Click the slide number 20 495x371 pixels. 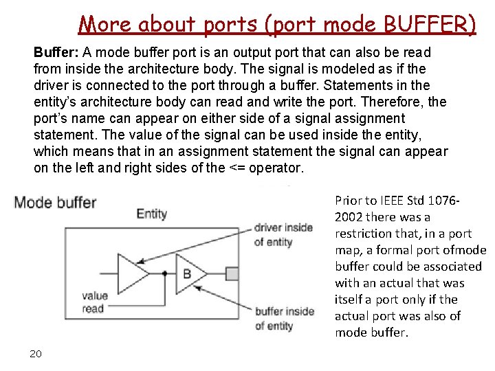(x=36, y=354)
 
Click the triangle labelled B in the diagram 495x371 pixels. (x=186, y=273)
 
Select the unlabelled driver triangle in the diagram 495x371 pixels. (x=133, y=273)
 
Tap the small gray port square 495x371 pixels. (x=232, y=273)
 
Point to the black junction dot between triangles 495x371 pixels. (x=164, y=273)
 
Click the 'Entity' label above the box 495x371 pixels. (x=151, y=214)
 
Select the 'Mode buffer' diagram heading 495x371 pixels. (x=55, y=202)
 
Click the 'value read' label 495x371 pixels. (x=94, y=302)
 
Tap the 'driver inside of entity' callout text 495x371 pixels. (x=283, y=234)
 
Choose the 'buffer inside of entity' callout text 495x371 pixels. (x=284, y=318)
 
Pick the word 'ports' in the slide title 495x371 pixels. (x=232, y=25)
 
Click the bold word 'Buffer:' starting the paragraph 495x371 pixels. (x=56, y=53)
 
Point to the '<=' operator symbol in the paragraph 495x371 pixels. (x=236, y=168)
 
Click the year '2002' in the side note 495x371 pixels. (x=349, y=217)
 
